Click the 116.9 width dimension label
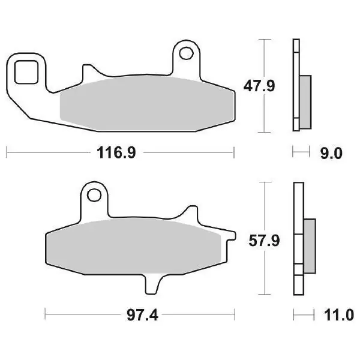pos(116,152)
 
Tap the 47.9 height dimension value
pos(259,86)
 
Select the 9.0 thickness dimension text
pos(331,154)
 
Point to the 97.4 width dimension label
pos(142,316)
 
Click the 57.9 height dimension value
pos(264,241)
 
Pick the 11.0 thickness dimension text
pos(338,315)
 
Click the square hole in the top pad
pos(26,72)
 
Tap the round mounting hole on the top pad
pos(186,53)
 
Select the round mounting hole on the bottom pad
pos(94,196)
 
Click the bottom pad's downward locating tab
pos(152,284)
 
